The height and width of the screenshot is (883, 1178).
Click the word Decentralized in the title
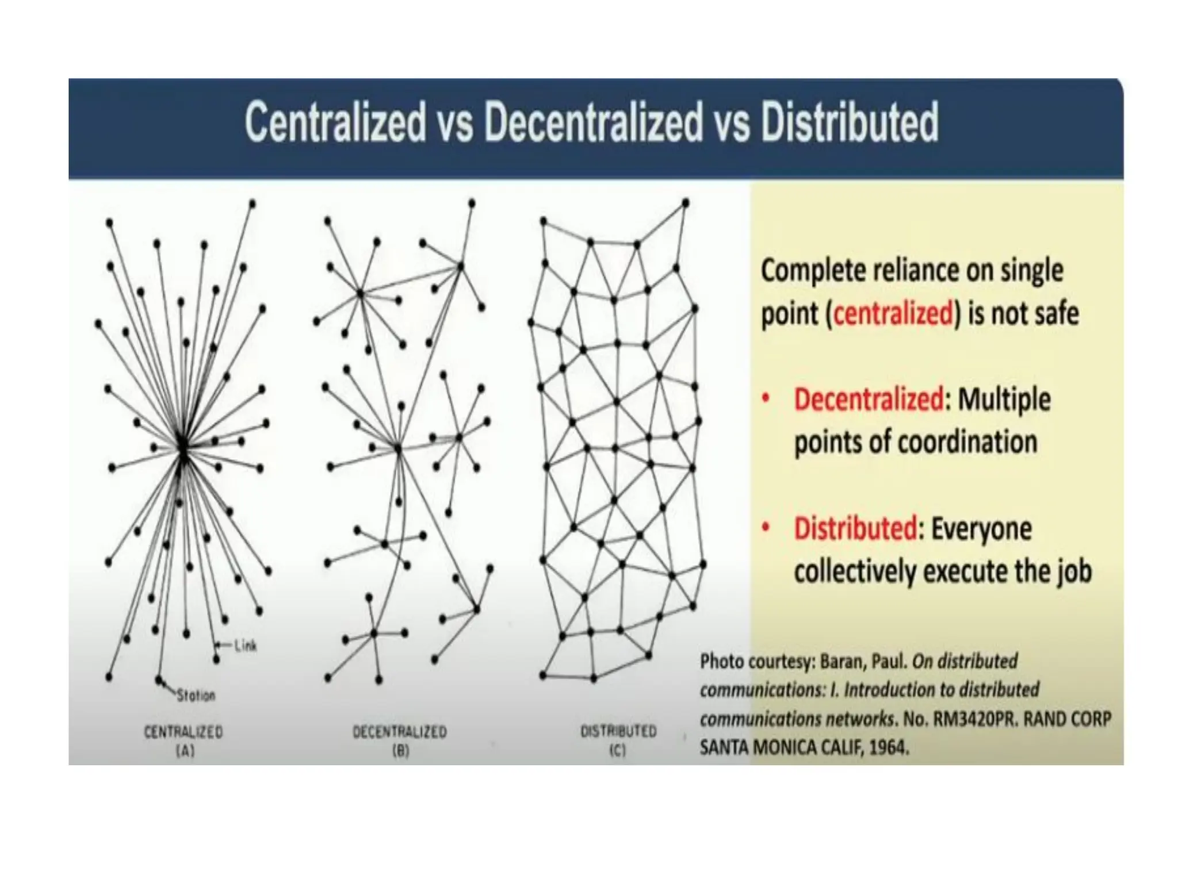(593, 122)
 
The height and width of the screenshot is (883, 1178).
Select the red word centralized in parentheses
(893, 314)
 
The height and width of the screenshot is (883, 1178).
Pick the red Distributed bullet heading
(855, 529)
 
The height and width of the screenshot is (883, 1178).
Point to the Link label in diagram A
(245, 646)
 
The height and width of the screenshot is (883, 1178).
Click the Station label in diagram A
(196, 696)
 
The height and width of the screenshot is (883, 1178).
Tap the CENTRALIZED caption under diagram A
(183, 732)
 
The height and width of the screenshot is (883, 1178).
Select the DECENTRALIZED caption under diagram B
(399, 732)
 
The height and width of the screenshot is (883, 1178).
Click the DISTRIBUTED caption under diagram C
(618, 731)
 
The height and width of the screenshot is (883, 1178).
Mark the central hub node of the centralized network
(182, 448)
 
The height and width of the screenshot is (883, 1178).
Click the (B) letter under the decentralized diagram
(400, 750)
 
